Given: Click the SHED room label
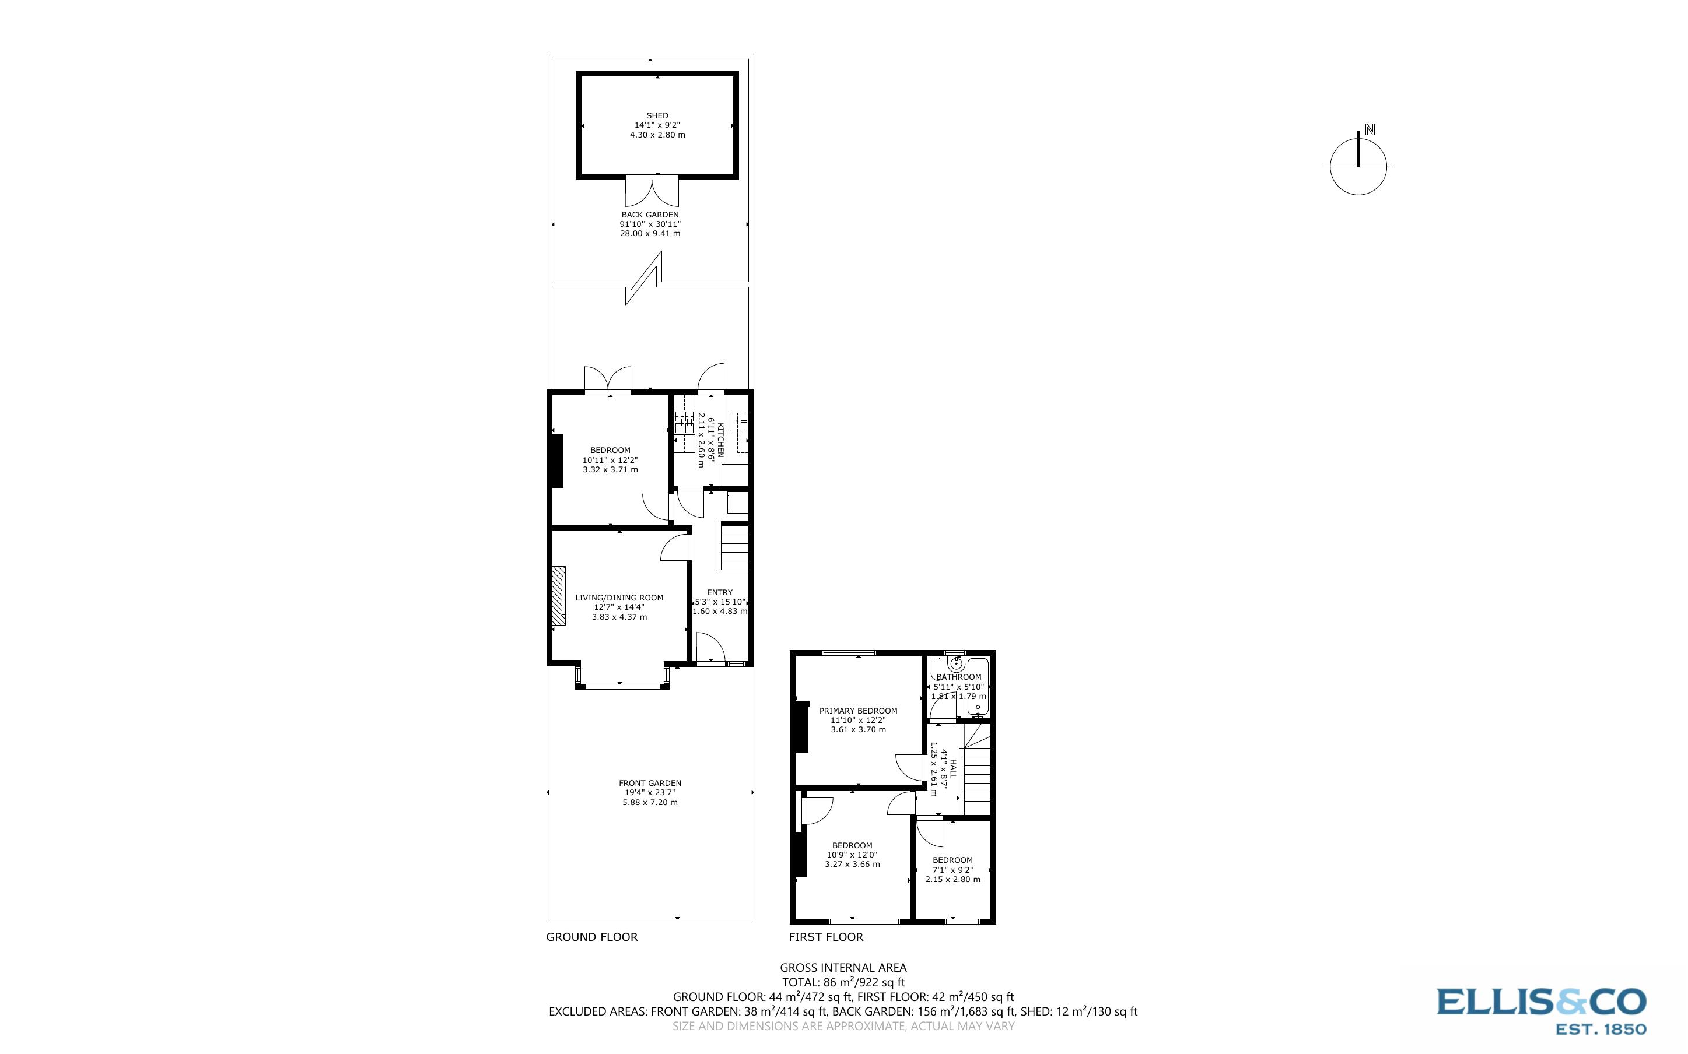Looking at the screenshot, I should pyautogui.click(x=657, y=115).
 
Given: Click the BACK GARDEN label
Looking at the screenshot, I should pyautogui.click(x=650, y=215).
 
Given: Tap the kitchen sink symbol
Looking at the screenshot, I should pyautogui.click(x=739, y=420).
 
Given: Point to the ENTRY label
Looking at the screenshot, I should pyautogui.click(x=720, y=592).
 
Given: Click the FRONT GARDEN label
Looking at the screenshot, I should pyautogui.click(x=650, y=783).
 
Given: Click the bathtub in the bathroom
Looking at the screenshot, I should pyautogui.click(x=978, y=687).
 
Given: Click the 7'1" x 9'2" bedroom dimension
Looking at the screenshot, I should pyautogui.click(x=952, y=870).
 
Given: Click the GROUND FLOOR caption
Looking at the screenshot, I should pyautogui.click(x=591, y=937).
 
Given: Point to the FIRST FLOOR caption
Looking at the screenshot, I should pyautogui.click(x=825, y=937).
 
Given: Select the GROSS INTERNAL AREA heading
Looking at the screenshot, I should pyautogui.click(x=843, y=968).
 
